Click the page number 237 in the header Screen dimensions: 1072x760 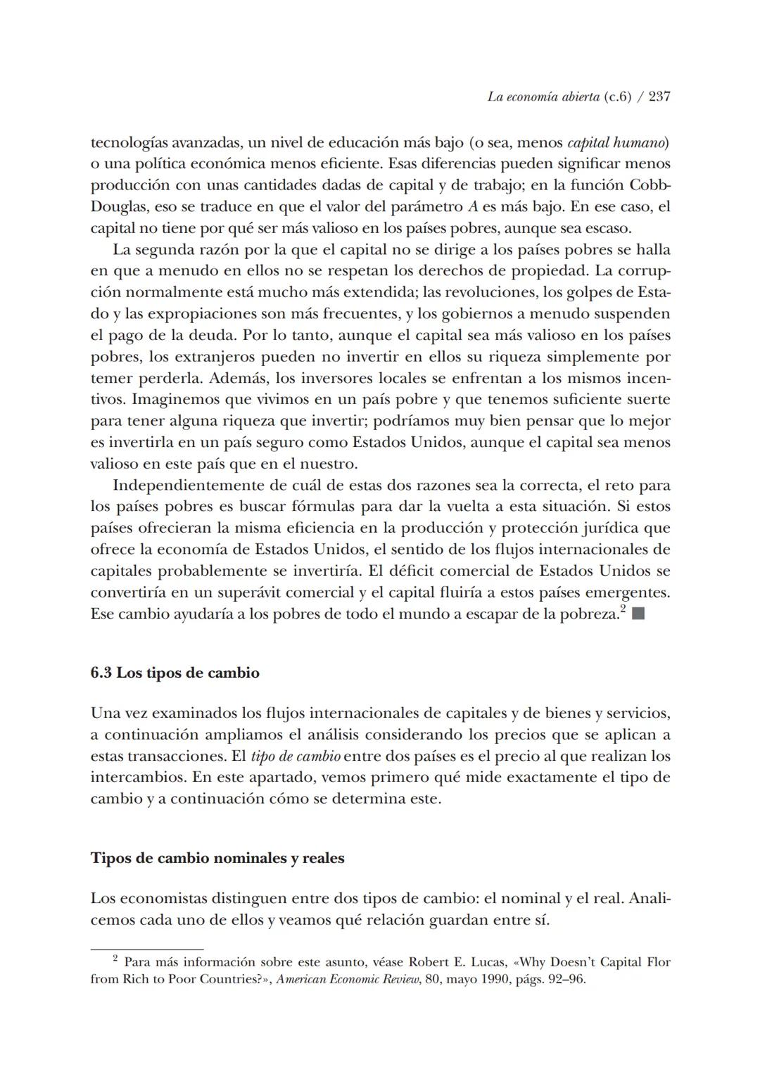[659, 96]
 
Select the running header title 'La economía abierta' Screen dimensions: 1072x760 [543, 96]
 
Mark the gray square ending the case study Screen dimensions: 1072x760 [638, 614]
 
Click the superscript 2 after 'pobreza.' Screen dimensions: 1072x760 [623, 609]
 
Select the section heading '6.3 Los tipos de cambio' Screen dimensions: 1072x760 [175, 673]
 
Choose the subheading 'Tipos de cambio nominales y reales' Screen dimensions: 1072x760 [217, 858]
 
